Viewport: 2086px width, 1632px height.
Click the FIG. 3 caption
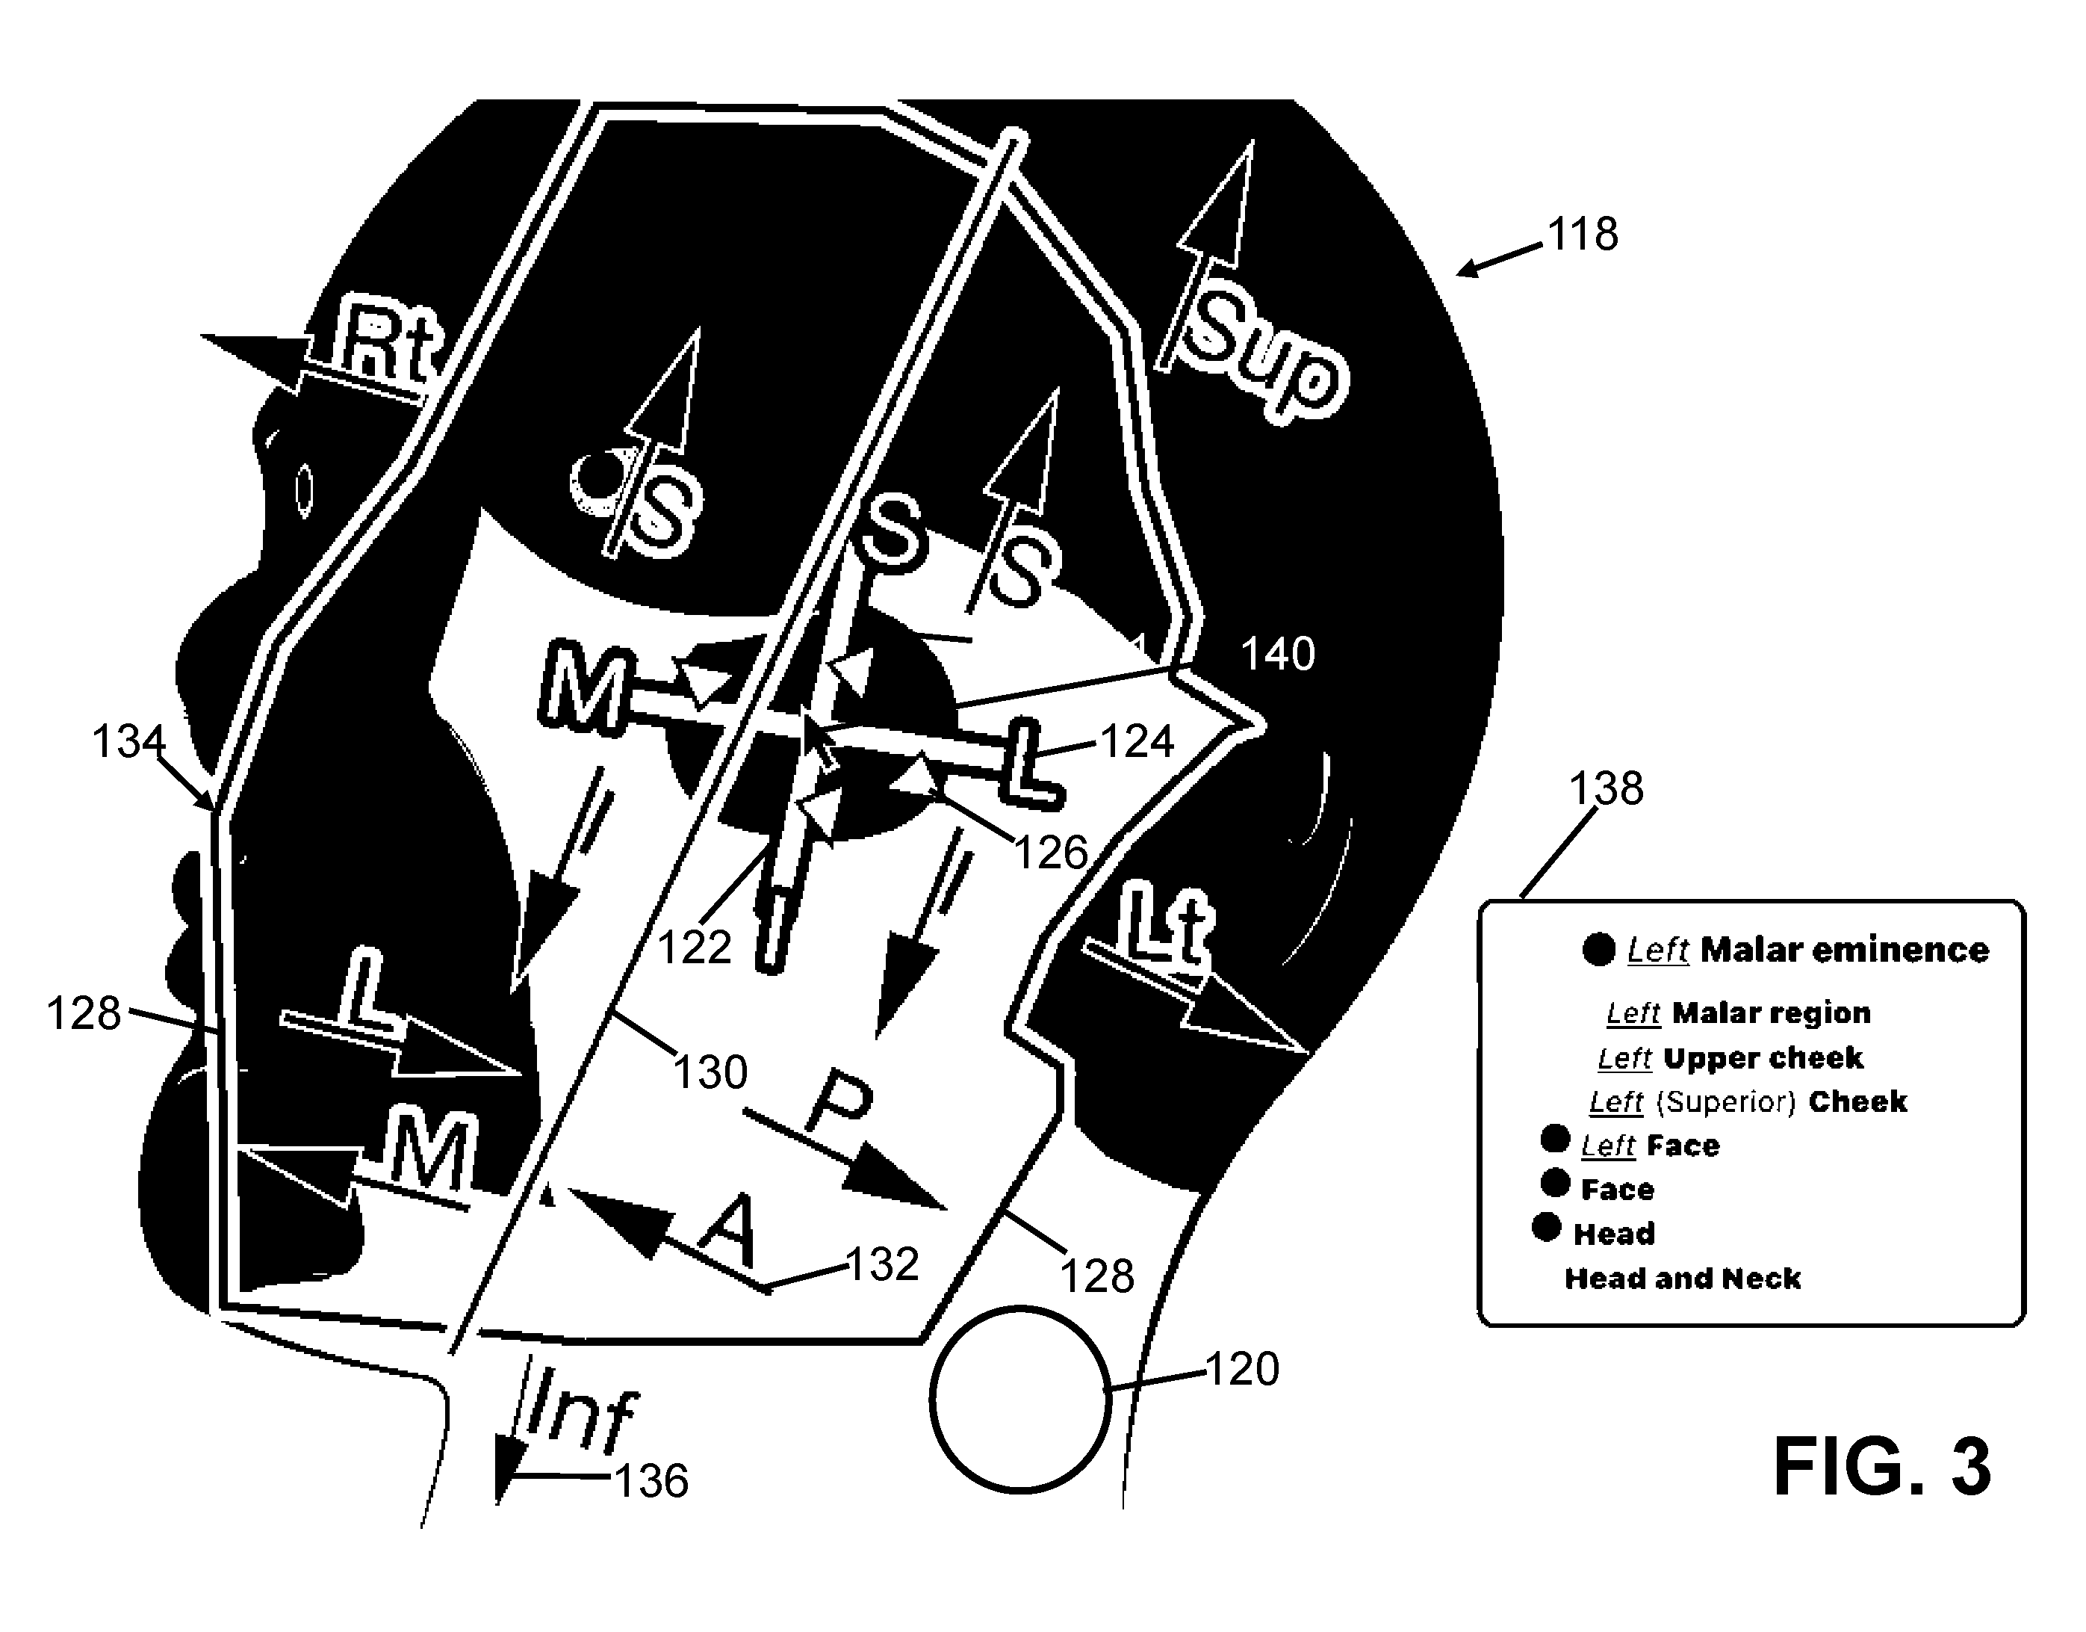pos(1881,1468)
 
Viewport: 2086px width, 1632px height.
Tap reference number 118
pos(1583,234)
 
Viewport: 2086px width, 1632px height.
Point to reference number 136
pos(651,1481)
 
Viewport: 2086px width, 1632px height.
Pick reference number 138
pos(1607,789)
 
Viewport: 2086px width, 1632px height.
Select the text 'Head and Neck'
pos(1683,1279)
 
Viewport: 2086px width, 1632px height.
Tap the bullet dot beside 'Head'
pos(1546,1227)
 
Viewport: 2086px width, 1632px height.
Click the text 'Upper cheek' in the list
pos(1763,1058)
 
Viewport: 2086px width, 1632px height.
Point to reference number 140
pos(1278,655)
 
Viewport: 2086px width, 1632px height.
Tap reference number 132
pos(883,1264)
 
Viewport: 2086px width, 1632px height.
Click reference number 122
pos(695,948)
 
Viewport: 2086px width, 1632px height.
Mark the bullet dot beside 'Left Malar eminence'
pos(1599,950)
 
